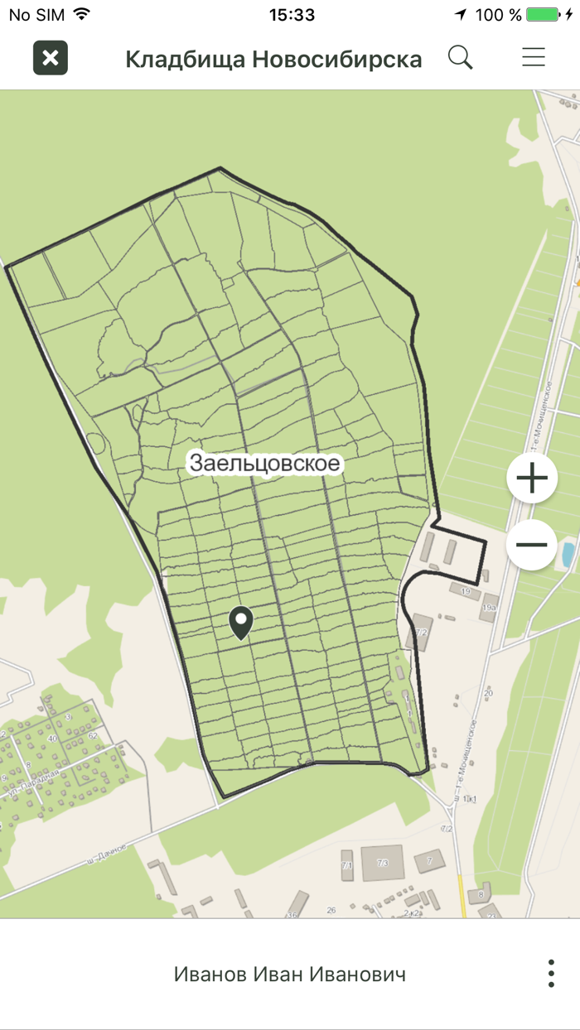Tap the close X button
51,58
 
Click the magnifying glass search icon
460,57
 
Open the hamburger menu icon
533,57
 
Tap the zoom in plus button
531,478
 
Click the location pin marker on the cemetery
241,622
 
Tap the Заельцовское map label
264,463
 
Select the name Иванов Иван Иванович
290,974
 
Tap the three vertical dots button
551,974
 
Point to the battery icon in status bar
543,15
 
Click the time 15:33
292,15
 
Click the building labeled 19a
489,607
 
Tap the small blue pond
568,554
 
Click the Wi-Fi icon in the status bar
81,15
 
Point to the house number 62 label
92,735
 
